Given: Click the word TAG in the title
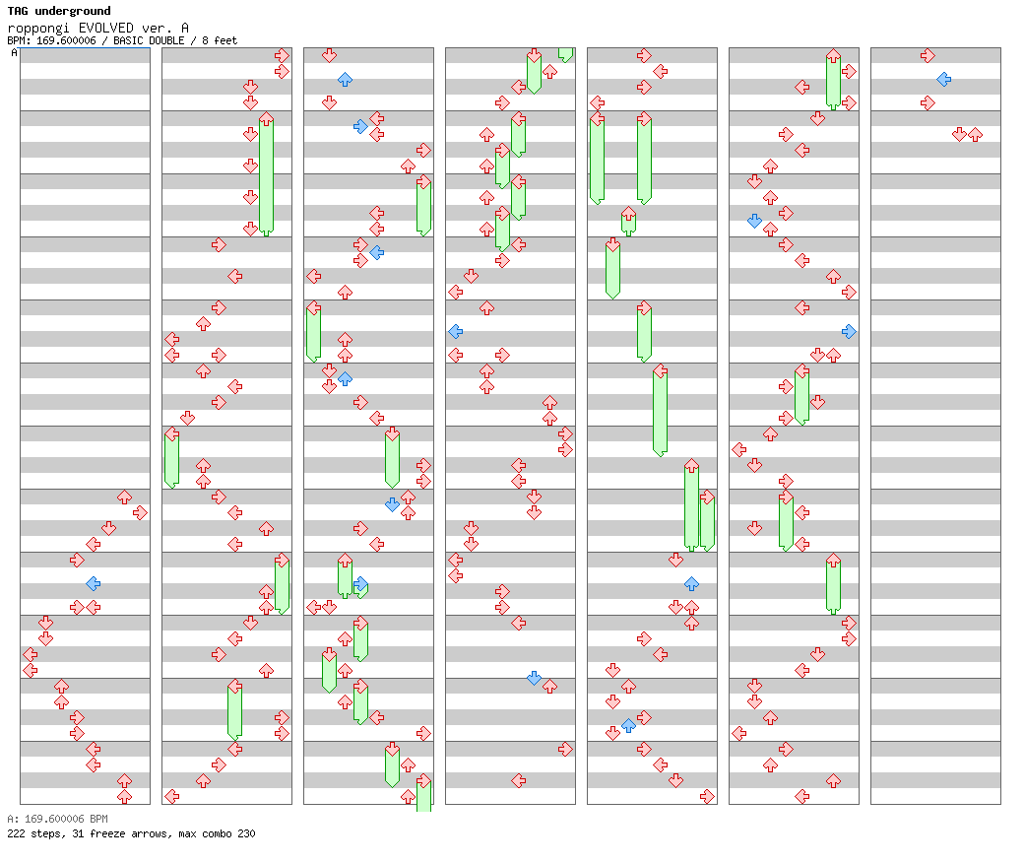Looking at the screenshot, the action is (18, 11).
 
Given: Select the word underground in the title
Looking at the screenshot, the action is (73, 11).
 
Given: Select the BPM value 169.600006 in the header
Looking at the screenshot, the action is (66, 40).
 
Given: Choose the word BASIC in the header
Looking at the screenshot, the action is (128, 40).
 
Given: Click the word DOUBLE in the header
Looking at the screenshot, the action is (166, 40).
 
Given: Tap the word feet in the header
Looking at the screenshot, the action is (225, 40).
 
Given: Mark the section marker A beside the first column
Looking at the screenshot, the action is (15, 52).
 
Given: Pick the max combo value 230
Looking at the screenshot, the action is (246, 833).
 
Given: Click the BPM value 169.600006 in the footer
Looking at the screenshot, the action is (54, 819).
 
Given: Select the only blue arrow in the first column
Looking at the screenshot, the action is (94, 583).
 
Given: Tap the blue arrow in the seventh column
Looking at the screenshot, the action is (943, 80).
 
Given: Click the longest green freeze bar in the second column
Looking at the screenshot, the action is (266, 175).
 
